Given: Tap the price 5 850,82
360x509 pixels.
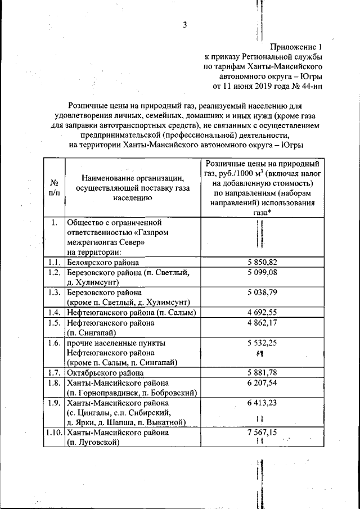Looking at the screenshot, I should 262,262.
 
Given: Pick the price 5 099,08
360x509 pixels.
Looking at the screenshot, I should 262,273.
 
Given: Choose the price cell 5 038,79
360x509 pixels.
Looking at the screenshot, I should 262,293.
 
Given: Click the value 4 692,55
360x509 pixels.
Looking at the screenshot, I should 262,313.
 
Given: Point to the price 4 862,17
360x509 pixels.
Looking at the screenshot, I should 262,323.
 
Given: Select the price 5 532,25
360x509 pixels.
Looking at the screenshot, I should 262,343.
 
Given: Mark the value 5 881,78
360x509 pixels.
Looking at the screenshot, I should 262,373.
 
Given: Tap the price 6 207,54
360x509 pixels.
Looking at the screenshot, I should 262,383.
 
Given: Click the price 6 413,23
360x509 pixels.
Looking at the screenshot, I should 262,403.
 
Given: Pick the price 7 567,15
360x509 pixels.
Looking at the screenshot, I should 262,434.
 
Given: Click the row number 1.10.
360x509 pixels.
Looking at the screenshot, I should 55,434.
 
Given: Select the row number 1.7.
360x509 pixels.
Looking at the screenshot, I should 55,373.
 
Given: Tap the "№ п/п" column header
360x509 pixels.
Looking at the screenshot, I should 55,188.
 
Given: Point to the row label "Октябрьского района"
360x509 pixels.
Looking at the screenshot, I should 106,373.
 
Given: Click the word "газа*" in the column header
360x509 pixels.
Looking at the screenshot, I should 262,213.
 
